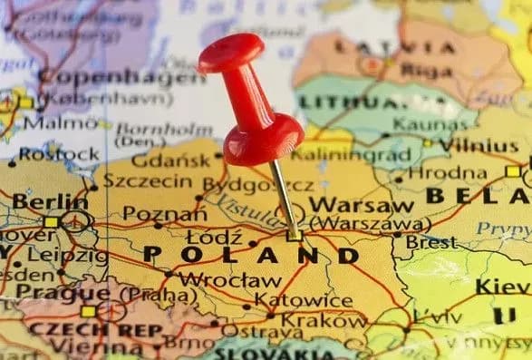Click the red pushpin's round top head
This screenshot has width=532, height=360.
pos(231,54)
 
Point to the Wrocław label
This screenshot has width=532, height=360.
pos(229,280)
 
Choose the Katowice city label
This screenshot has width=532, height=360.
pos(303,300)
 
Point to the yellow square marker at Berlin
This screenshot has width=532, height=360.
pos(51,221)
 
